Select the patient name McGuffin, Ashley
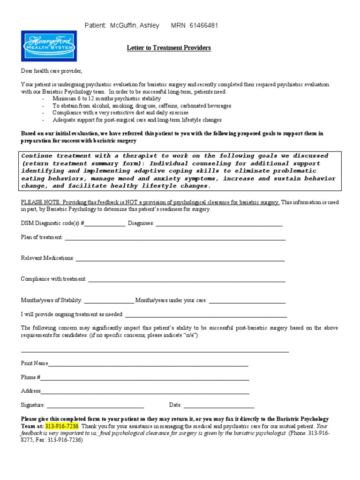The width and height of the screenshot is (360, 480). [134, 25]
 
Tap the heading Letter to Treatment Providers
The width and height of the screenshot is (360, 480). [169, 48]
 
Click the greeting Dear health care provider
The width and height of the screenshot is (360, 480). [51, 71]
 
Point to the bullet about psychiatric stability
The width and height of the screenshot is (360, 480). [106, 99]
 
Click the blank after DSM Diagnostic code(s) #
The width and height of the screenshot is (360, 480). [105, 224]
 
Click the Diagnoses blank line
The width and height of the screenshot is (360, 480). [219, 224]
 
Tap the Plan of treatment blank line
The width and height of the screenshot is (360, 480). [175, 238]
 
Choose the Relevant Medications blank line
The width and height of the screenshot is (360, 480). [180, 259]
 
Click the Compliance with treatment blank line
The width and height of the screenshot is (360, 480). [187, 280]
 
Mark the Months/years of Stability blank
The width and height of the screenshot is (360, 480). [109, 301]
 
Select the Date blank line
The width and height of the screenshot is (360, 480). [218, 405]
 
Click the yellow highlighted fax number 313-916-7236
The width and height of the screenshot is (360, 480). [62, 427]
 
